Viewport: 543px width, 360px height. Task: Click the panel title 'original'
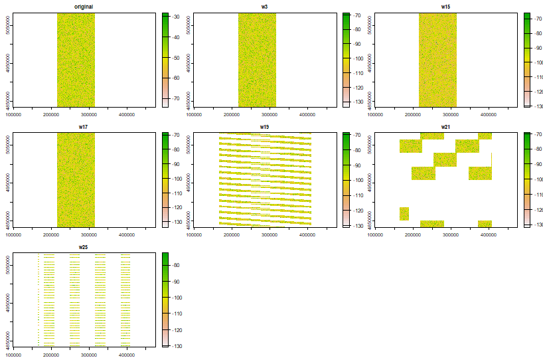pyautogui.click(x=84, y=7)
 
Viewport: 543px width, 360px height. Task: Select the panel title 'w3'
pyautogui.click(x=264, y=7)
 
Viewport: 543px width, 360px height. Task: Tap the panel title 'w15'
pyautogui.click(x=445, y=7)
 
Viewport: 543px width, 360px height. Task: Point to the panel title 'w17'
pyautogui.click(x=84, y=127)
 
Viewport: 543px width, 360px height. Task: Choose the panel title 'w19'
pyautogui.click(x=264, y=127)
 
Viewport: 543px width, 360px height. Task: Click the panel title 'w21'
pyautogui.click(x=445, y=127)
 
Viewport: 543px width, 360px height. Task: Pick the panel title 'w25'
pyautogui.click(x=84, y=247)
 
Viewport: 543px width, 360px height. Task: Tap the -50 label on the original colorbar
pyautogui.click(x=177, y=58)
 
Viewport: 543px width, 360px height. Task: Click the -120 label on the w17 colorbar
pyautogui.click(x=177, y=209)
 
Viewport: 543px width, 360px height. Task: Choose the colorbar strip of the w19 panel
pyautogui.click(x=346, y=179)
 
